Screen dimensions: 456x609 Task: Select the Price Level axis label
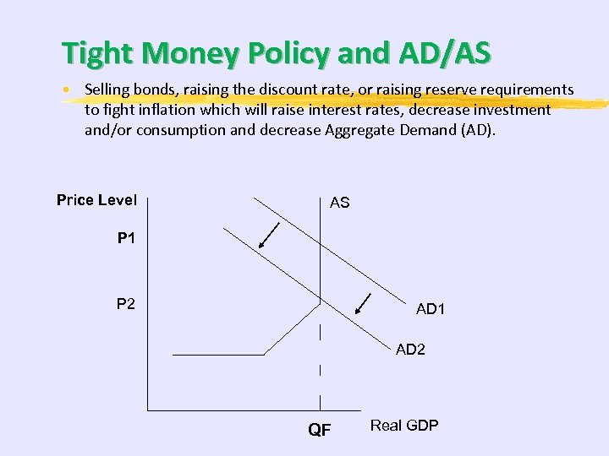[x=96, y=200]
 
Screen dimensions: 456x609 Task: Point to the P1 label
[x=126, y=239]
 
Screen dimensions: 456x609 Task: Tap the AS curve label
[x=339, y=204]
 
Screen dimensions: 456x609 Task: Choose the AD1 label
[x=430, y=310]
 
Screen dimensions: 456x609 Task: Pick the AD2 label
[x=410, y=350]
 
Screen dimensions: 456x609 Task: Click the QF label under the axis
[x=320, y=430]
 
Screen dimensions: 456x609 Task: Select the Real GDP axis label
[x=404, y=426]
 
